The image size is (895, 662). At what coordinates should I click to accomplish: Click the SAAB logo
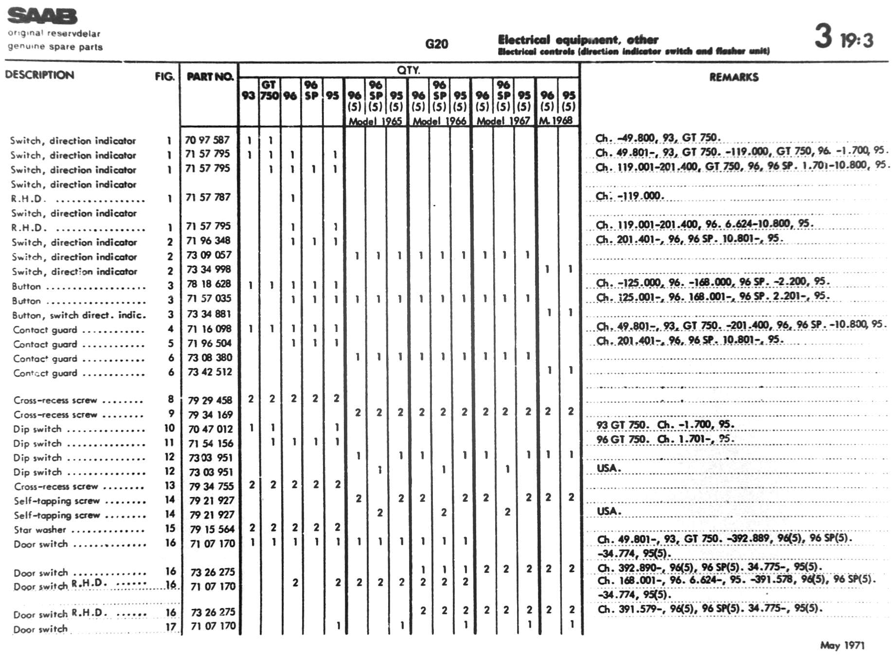click(42, 16)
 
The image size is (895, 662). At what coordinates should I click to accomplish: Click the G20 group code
click(436, 44)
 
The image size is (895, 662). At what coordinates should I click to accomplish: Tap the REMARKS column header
click(734, 77)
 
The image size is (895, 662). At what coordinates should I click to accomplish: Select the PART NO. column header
click(210, 76)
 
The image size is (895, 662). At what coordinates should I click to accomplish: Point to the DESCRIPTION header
click(39, 75)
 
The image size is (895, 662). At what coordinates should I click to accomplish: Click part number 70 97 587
click(207, 140)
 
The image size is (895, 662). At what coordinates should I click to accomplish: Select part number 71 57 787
click(208, 197)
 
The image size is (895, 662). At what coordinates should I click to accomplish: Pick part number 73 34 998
click(209, 269)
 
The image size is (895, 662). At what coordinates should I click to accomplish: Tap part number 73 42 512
click(210, 372)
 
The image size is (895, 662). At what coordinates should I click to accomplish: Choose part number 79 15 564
click(212, 529)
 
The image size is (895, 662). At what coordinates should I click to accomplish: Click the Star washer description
click(40, 530)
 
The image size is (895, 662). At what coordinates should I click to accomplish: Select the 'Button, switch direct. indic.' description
click(79, 315)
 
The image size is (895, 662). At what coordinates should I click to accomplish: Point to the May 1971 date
click(842, 645)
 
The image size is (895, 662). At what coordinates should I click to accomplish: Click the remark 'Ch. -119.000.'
click(629, 196)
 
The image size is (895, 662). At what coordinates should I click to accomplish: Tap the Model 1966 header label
click(439, 121)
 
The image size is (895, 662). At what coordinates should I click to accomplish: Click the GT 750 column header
click(269, 90)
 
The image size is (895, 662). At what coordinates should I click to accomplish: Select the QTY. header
click(408, 70)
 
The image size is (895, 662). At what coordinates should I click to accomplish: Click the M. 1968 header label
click(556, 120)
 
